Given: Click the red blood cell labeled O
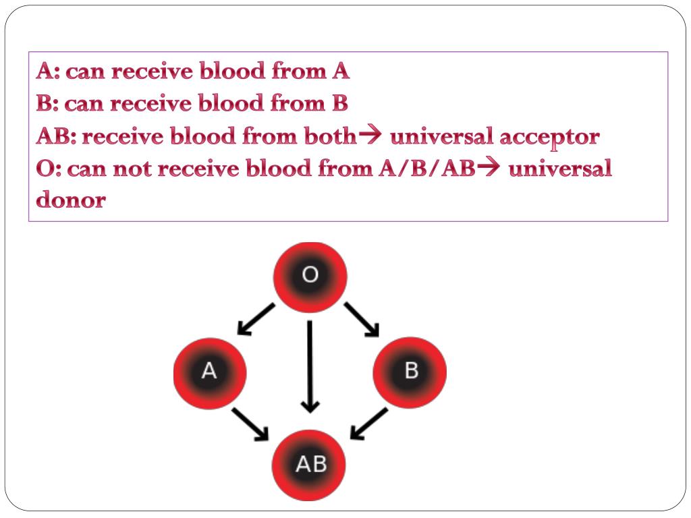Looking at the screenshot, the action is point(310,277).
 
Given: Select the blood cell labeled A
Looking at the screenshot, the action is point(210,374).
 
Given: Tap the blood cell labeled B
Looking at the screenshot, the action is point(410,372).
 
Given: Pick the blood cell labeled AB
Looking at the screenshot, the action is point(308,465).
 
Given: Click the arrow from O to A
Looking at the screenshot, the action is point(256,319).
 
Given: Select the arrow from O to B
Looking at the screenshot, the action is point(362,319).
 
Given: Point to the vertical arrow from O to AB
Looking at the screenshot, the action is point(310,366).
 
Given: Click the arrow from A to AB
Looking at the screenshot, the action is point(250,424).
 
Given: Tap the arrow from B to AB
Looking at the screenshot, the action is point(369,424).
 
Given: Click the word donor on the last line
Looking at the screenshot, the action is point(71,200).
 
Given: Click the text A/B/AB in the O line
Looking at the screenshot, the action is point(427,168).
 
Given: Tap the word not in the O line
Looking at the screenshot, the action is point(132,169).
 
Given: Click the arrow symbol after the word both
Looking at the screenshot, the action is point(370,135).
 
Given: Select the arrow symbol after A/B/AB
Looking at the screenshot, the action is point(489,167).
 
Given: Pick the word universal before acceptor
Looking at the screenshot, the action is point(441,136).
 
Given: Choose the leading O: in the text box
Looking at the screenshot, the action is point(49,168).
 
